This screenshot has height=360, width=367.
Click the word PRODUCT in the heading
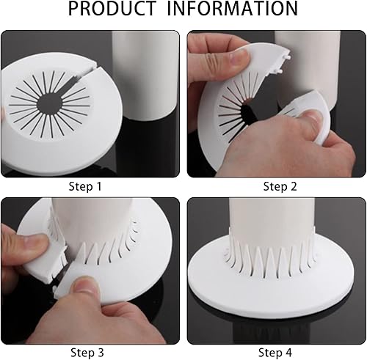[x=112, y=9]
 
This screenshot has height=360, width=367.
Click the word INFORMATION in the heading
[x=233, y=9]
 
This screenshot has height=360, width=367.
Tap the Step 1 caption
[x=85, y=186]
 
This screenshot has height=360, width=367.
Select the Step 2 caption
[x=280, y=186]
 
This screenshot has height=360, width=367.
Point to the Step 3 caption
[x=87, y=353]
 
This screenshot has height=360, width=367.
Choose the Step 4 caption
[x=275, y=353]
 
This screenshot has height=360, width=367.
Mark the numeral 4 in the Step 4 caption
[x=288, y=353]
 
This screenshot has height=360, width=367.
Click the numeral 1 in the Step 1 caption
[x=98, y=186]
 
